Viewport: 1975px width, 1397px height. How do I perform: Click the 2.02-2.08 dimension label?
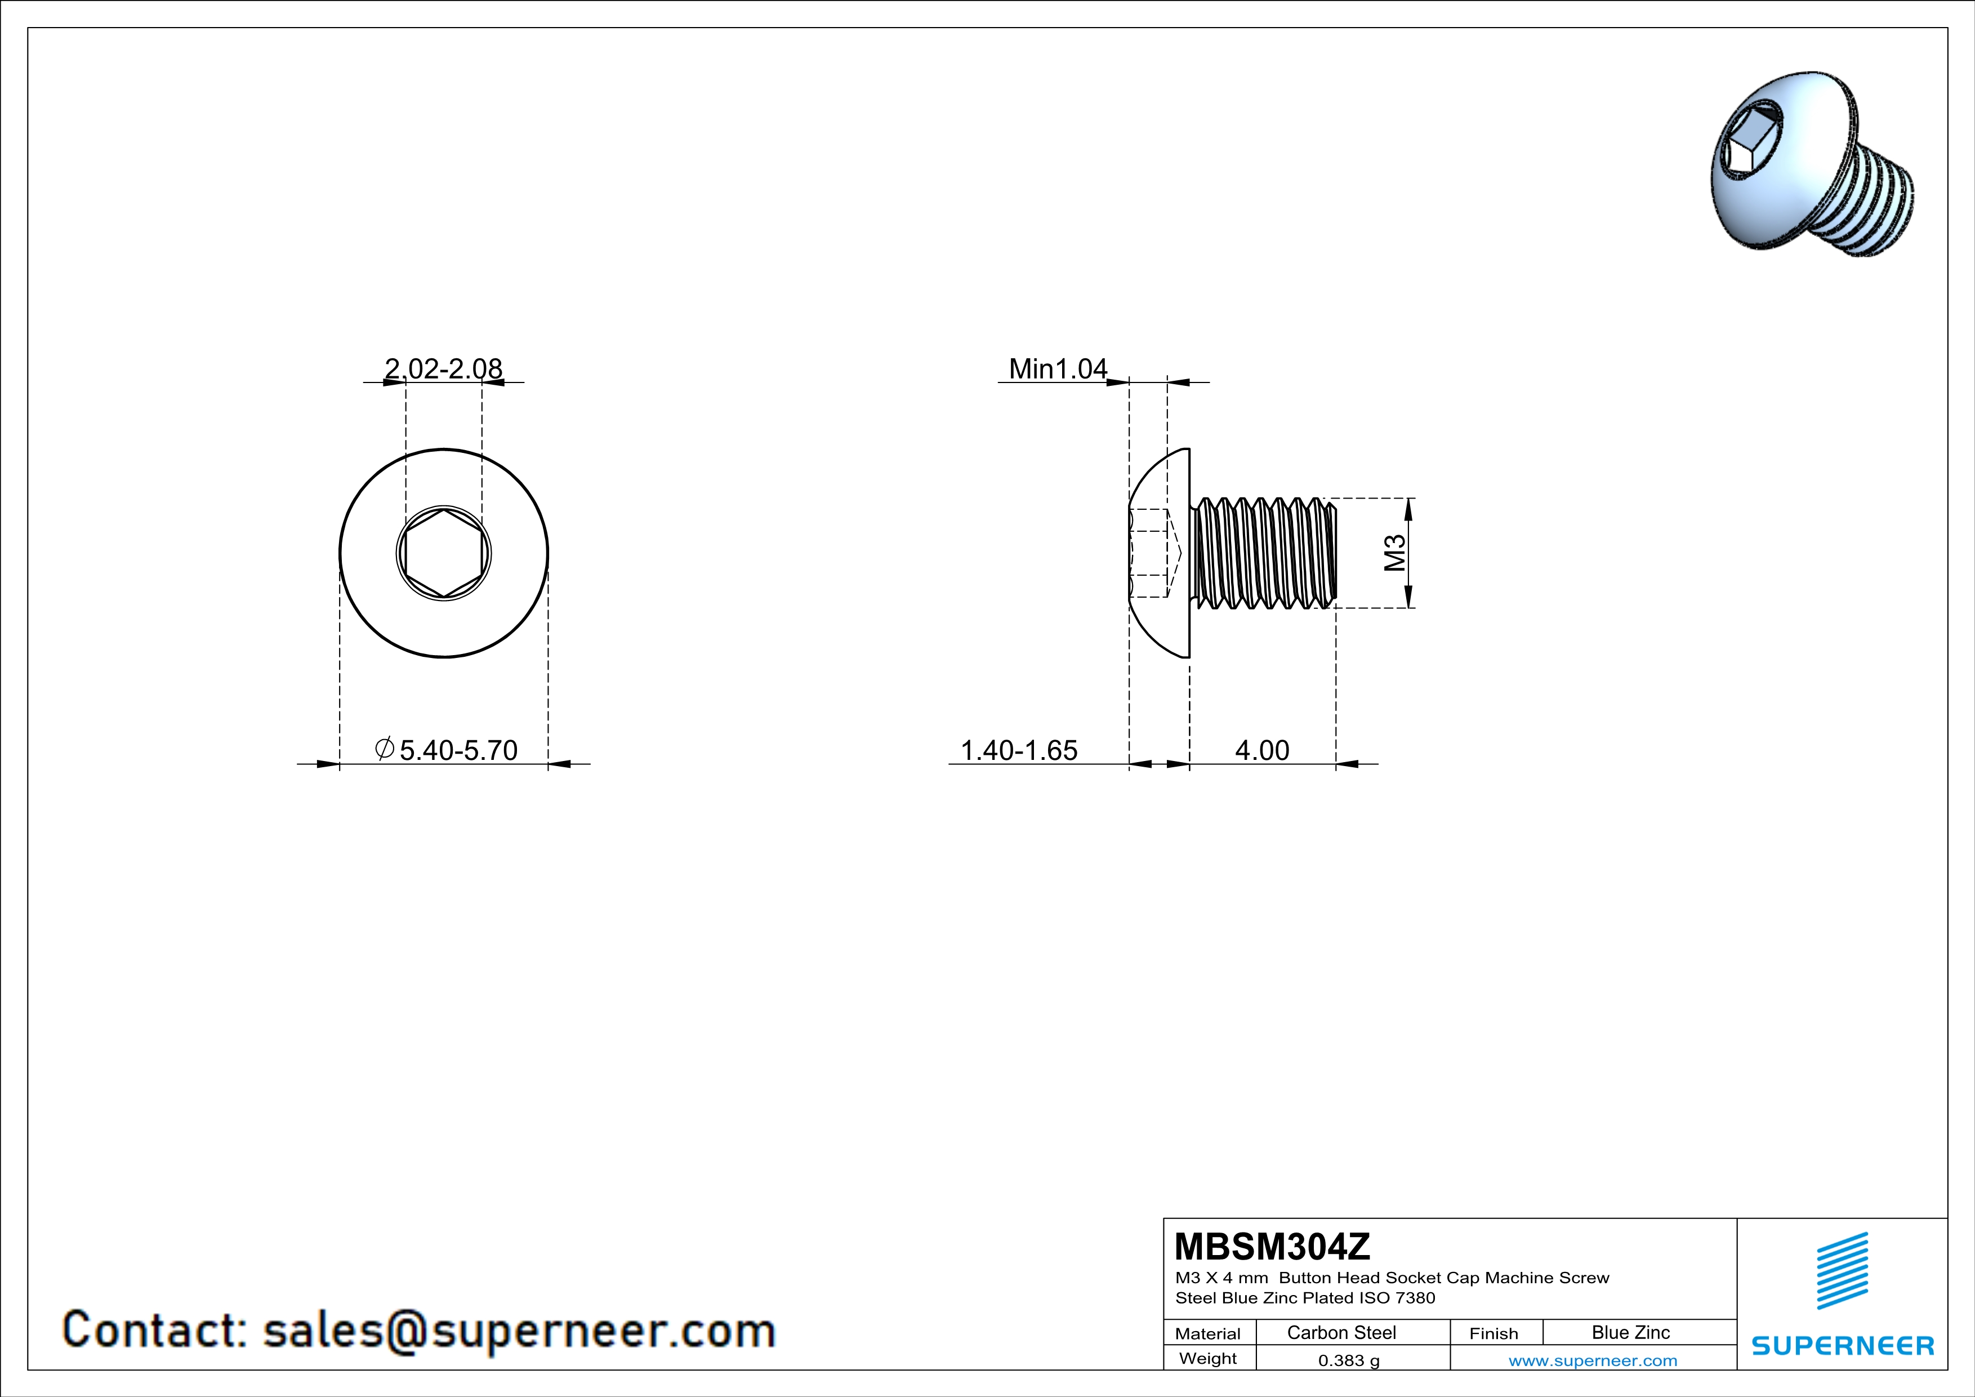[x=443, y=368]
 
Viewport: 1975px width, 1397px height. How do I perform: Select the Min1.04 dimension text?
[x=1058, y=368]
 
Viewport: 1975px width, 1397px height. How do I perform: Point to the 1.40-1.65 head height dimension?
[x=1018, y=750]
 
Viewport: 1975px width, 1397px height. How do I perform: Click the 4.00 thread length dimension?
[x=1262, y=750]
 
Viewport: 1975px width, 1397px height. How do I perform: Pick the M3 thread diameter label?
[x=1394, y=553]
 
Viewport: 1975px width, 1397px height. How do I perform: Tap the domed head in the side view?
[x=1160, y=553]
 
